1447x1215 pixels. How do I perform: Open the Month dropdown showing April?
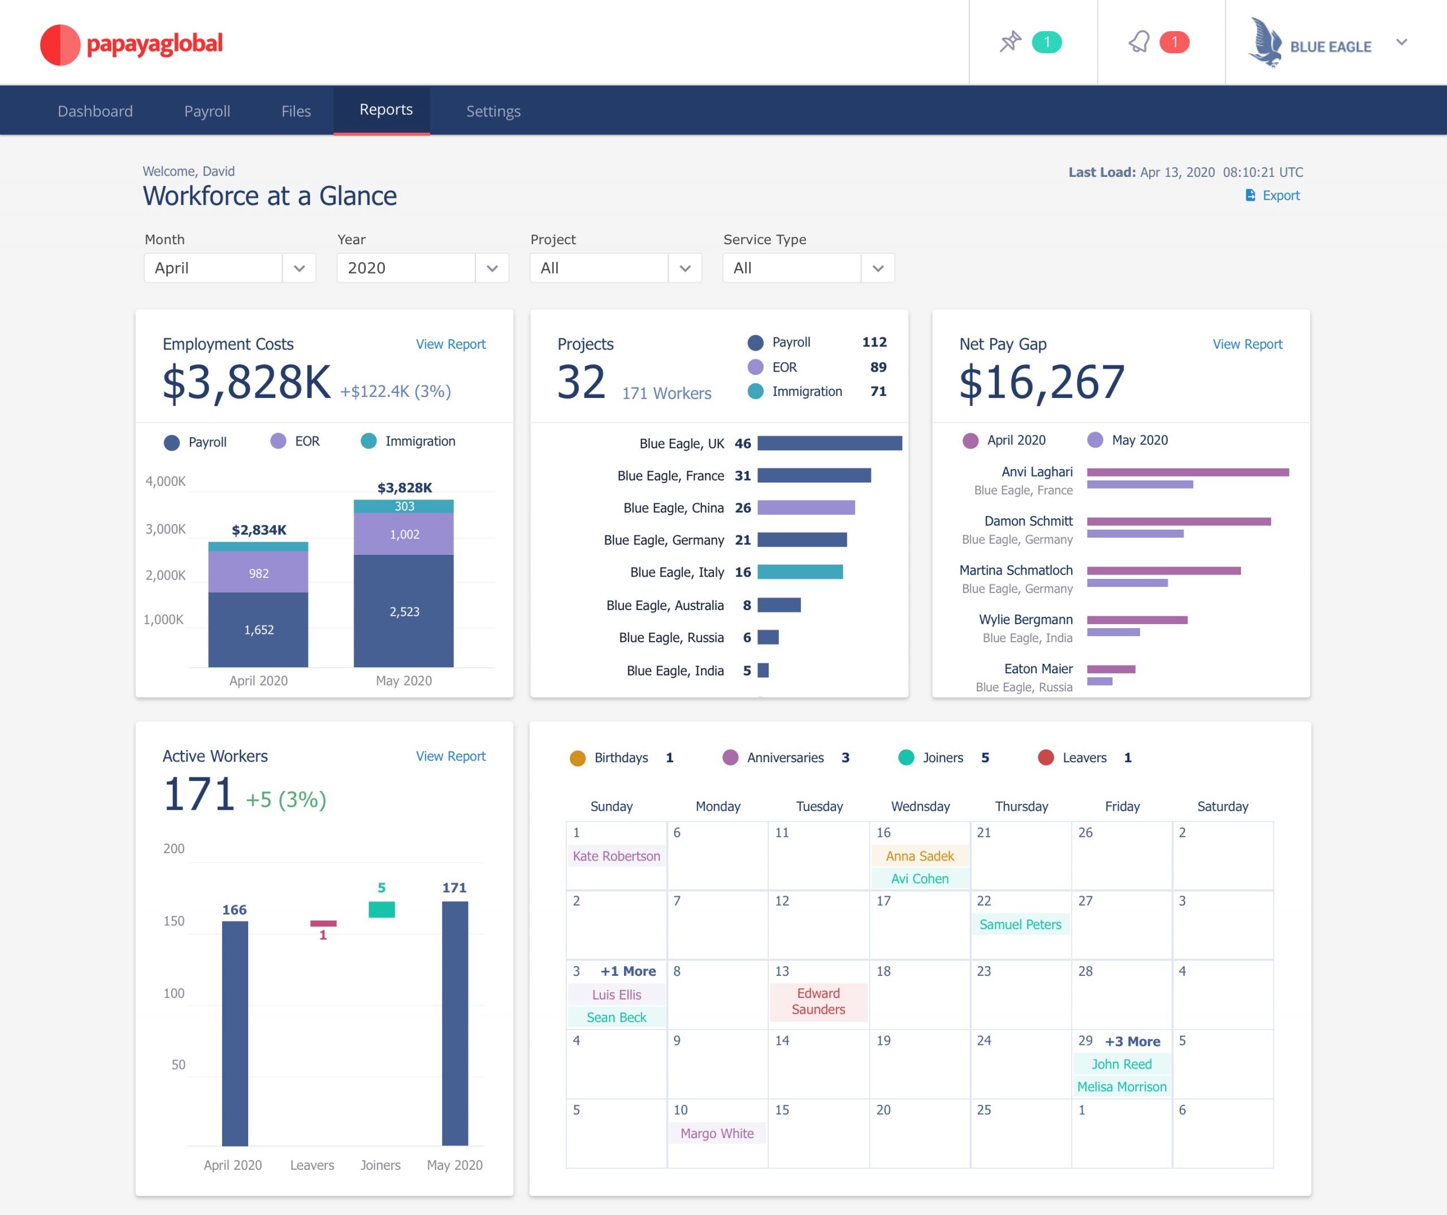point(229,268)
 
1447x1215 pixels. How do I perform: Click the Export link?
point(1280,196)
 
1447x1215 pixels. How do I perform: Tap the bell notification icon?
point(1138,42)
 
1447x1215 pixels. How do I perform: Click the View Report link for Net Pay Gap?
point(1246,344)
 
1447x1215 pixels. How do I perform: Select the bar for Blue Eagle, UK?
point(829,443)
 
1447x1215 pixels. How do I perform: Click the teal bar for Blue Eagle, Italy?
point(799,572)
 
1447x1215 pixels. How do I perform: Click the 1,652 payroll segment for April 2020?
point(258,629)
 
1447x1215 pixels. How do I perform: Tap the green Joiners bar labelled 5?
point(381,909)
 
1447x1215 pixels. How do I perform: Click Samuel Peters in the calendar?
point(1020,924)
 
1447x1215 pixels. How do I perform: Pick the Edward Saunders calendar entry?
point(818,1001)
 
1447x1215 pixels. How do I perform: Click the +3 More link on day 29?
point(1132,1041)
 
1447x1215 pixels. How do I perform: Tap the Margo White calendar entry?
point(717,1133)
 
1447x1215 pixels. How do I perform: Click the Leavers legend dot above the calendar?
point(1045,758)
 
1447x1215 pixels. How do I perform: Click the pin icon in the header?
point(1010,42)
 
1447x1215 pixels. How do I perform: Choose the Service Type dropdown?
point(808,268)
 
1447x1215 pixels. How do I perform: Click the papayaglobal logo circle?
point(60,45)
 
